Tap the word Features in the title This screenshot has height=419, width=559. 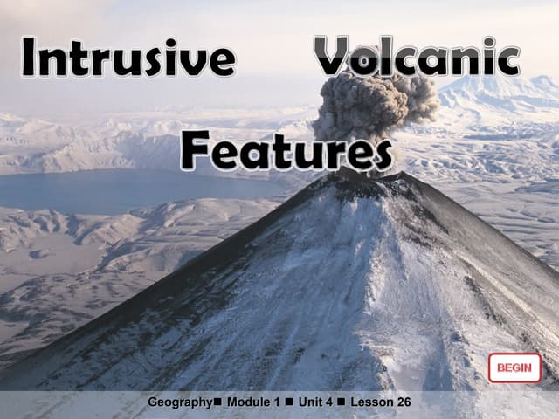[286, 151]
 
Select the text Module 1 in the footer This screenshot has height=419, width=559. [253, 402]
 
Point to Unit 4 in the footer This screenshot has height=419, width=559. [315, 402]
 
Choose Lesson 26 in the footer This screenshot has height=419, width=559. [381, 402]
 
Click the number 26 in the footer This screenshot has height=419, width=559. [403, 402]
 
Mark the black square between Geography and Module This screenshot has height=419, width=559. [217, 402]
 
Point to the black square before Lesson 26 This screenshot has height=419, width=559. [342, 402]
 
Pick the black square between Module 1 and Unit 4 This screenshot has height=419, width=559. [289, 402]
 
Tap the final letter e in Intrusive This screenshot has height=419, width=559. [222, 61]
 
